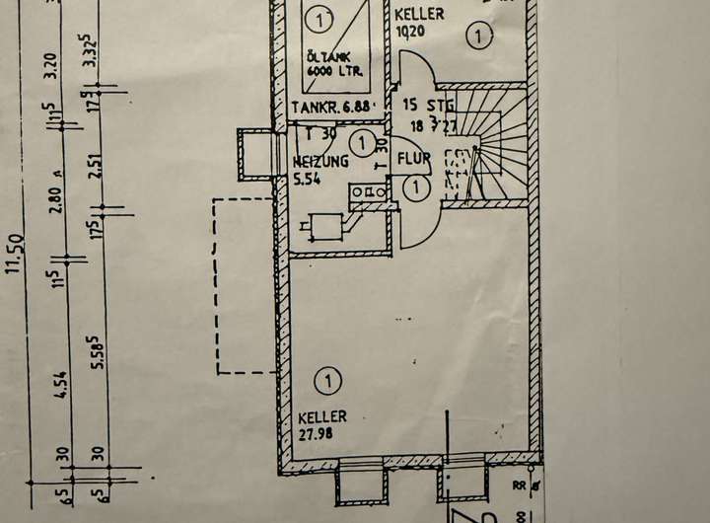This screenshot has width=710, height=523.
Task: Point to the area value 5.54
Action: (308, 179)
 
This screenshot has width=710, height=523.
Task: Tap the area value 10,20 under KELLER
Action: (409, 31)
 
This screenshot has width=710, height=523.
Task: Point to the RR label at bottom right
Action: (520, 486)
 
